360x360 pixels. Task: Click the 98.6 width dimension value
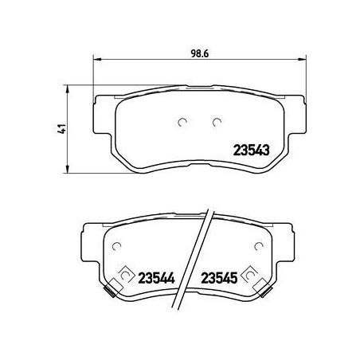200,53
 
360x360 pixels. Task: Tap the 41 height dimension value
63,129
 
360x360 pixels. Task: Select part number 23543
251,151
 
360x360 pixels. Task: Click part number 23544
157,278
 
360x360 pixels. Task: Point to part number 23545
219,278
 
